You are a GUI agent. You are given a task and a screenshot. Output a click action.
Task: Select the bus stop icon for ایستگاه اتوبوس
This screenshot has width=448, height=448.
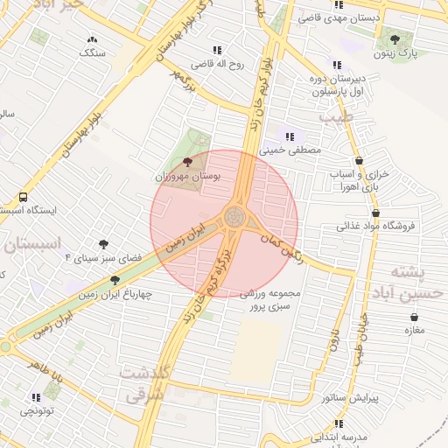click(22, 197)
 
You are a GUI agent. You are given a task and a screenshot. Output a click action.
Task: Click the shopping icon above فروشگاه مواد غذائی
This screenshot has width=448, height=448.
click(376, 212)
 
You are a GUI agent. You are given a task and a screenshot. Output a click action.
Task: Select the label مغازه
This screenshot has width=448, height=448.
click(414, 330)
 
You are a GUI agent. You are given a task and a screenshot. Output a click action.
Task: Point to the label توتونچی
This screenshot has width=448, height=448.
click(37, 409)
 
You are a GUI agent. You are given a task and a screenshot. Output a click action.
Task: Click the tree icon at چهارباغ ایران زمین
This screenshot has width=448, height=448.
click(115, 280)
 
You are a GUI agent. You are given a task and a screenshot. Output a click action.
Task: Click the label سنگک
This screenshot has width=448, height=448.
click(92, 52)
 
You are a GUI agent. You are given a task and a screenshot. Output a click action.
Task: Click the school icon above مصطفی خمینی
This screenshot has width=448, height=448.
click(289, 136)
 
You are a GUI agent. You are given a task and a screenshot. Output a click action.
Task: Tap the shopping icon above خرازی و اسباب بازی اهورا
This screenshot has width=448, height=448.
click(360, 161)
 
